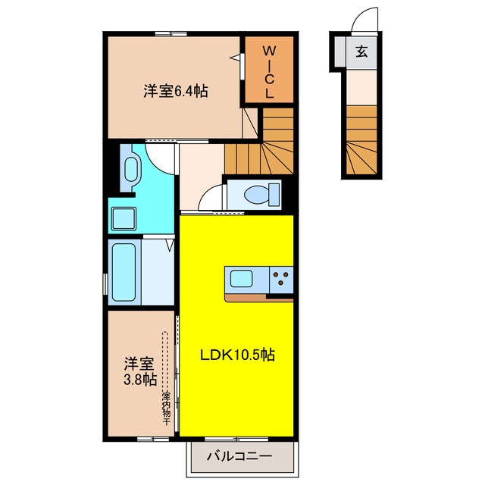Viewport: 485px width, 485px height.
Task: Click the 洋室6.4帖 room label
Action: [x=175, y=91]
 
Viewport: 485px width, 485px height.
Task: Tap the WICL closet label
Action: [x=270, y=72]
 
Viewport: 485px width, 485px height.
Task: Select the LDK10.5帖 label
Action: [x=237, y=355]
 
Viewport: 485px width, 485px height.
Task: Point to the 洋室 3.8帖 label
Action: [x=139, y=371]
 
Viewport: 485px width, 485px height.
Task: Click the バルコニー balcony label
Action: [x=239, y=456]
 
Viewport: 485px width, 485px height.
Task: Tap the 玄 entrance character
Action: [x=361, y=52]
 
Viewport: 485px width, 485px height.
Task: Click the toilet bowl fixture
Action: [x=262, y=195]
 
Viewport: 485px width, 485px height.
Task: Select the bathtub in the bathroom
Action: [x=124, y=272]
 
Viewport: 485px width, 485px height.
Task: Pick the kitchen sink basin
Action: [x=242, y=278]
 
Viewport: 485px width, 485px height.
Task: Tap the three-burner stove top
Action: [x=281, y=279]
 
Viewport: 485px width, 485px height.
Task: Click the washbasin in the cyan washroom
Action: [x=131, y=170]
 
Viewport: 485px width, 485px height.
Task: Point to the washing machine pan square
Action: [x=124, y=219]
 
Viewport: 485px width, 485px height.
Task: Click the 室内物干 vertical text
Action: [x=166, y=408]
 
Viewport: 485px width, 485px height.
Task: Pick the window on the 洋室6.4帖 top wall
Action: [x=171, y=34]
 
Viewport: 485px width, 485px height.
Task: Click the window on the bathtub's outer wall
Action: [x=105, y=284]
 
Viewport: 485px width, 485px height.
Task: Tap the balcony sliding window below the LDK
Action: [x=236, y=439]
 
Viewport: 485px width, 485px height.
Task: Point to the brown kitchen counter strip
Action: [x=259, y=298]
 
